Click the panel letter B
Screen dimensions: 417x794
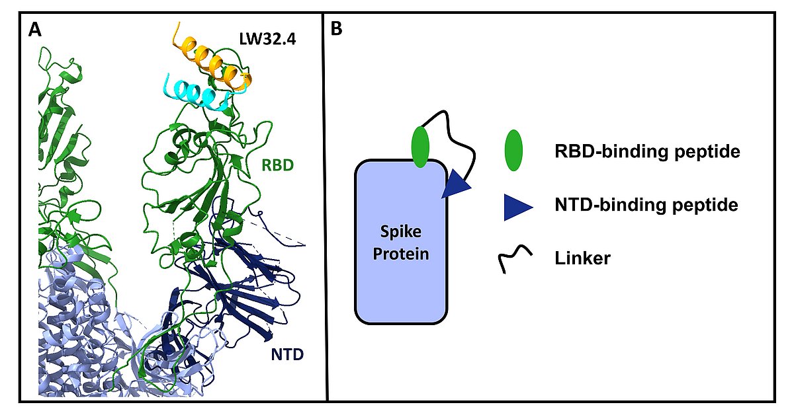(336, 30)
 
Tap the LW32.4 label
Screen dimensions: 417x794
(267, 39)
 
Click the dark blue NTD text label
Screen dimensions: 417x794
(287, 355)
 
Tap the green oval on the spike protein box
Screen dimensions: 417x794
(421, 147)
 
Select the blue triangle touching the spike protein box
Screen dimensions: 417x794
(457, 184)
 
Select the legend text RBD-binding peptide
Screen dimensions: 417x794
(646, 152)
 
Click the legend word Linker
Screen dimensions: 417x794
(583, 258)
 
